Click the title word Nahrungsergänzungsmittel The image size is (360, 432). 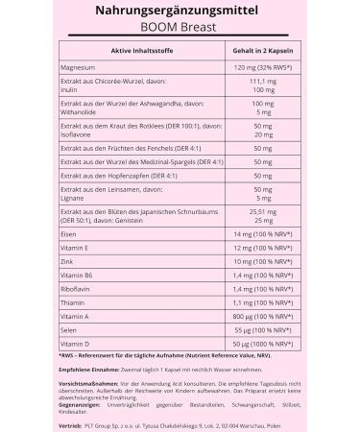[x=180, y=11]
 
